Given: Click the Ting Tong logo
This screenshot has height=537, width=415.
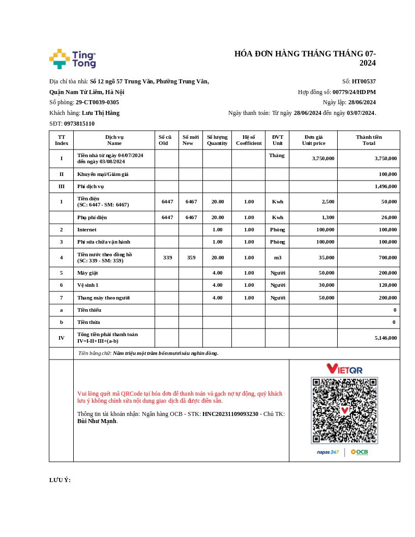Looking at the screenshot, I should point(72,59).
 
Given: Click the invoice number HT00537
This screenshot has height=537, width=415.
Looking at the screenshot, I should point(364,81).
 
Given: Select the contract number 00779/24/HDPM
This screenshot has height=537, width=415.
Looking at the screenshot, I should point(354,92).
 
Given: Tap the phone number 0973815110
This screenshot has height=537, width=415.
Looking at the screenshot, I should point(79,124).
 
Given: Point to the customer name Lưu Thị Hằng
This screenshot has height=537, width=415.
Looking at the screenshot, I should point(101,113).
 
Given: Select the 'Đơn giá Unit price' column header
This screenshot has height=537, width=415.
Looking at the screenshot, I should point(313,140).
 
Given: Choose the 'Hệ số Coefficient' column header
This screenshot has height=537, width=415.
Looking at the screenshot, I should point(249,140).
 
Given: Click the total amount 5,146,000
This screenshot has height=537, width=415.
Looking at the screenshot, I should point(386,338).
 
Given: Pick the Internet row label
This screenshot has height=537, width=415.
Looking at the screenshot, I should point(87,230).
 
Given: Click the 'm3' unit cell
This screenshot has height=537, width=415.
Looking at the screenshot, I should point(277,257).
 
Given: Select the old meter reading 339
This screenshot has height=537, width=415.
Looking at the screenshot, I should point(167,257).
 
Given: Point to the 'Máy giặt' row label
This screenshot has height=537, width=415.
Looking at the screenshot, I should point(87,273).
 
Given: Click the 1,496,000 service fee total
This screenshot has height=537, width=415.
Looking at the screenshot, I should point(386,187).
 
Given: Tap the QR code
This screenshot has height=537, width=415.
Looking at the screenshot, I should point(344,410).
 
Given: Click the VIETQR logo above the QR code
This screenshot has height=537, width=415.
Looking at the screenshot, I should point(344,369).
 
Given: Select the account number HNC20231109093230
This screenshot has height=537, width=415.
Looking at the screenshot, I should point(230,414).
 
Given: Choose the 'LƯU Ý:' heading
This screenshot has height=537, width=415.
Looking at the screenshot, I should point(60,480).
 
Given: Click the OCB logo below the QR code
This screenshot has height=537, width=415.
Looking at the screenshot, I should point(359,452).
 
